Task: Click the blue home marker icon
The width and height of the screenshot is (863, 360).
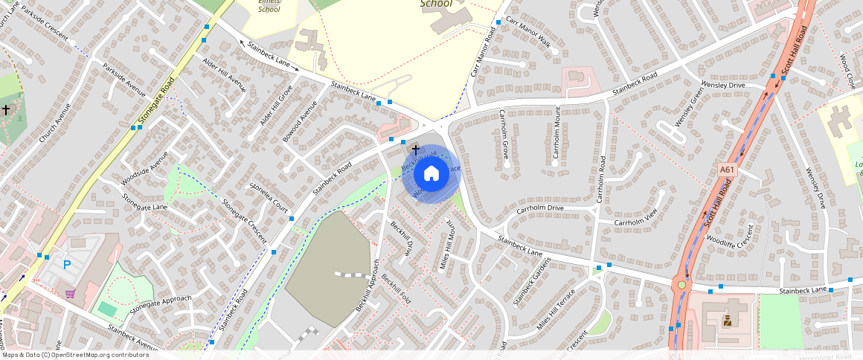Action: (431, 174)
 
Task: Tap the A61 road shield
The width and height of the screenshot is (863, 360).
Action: (728, 170)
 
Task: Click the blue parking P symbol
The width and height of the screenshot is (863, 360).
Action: (67, 264)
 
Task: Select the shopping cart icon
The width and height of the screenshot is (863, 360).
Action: (70, 293)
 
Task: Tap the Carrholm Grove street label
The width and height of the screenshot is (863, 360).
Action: (504, 135)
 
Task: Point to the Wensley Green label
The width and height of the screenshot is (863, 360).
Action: (687, 107)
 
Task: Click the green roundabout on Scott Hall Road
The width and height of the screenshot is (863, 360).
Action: (681, 284)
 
